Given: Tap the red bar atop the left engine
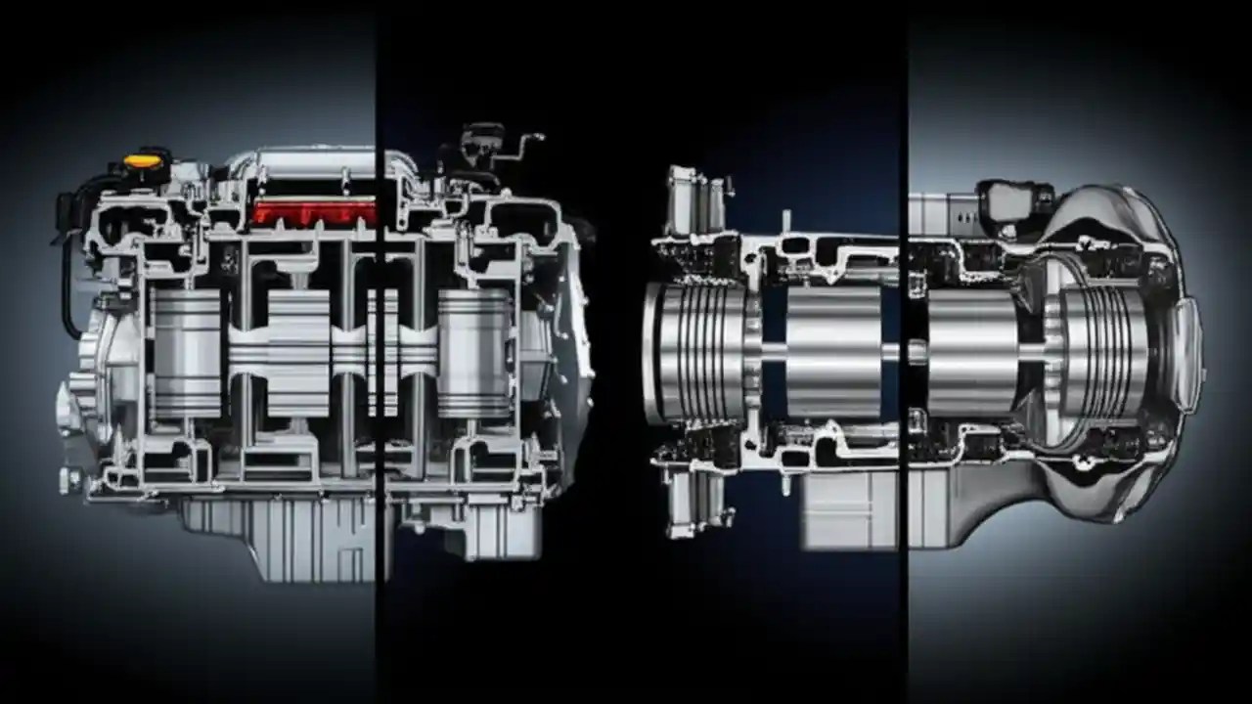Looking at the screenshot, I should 313,212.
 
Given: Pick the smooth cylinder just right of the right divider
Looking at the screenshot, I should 972,352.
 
